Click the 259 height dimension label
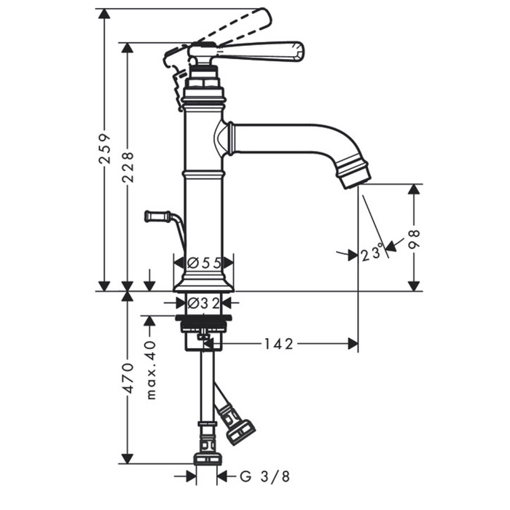pyautogui.click(x=105, y=148)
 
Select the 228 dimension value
pyautogui.click(x=128, y=167)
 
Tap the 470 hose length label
pyautogui.click(x=128, y=379)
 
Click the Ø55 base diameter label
pyautogui.click(x=205, y=262)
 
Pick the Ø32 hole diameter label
pyautogui.click(x=204, y=304)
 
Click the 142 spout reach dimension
pyautogui.click(x=278, y=344)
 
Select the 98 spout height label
pyautogui.click(x=414, y=239)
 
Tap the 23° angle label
pyautogui.click(x=372, y=252)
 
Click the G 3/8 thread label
pyautogui.click(x=264, y=476)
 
